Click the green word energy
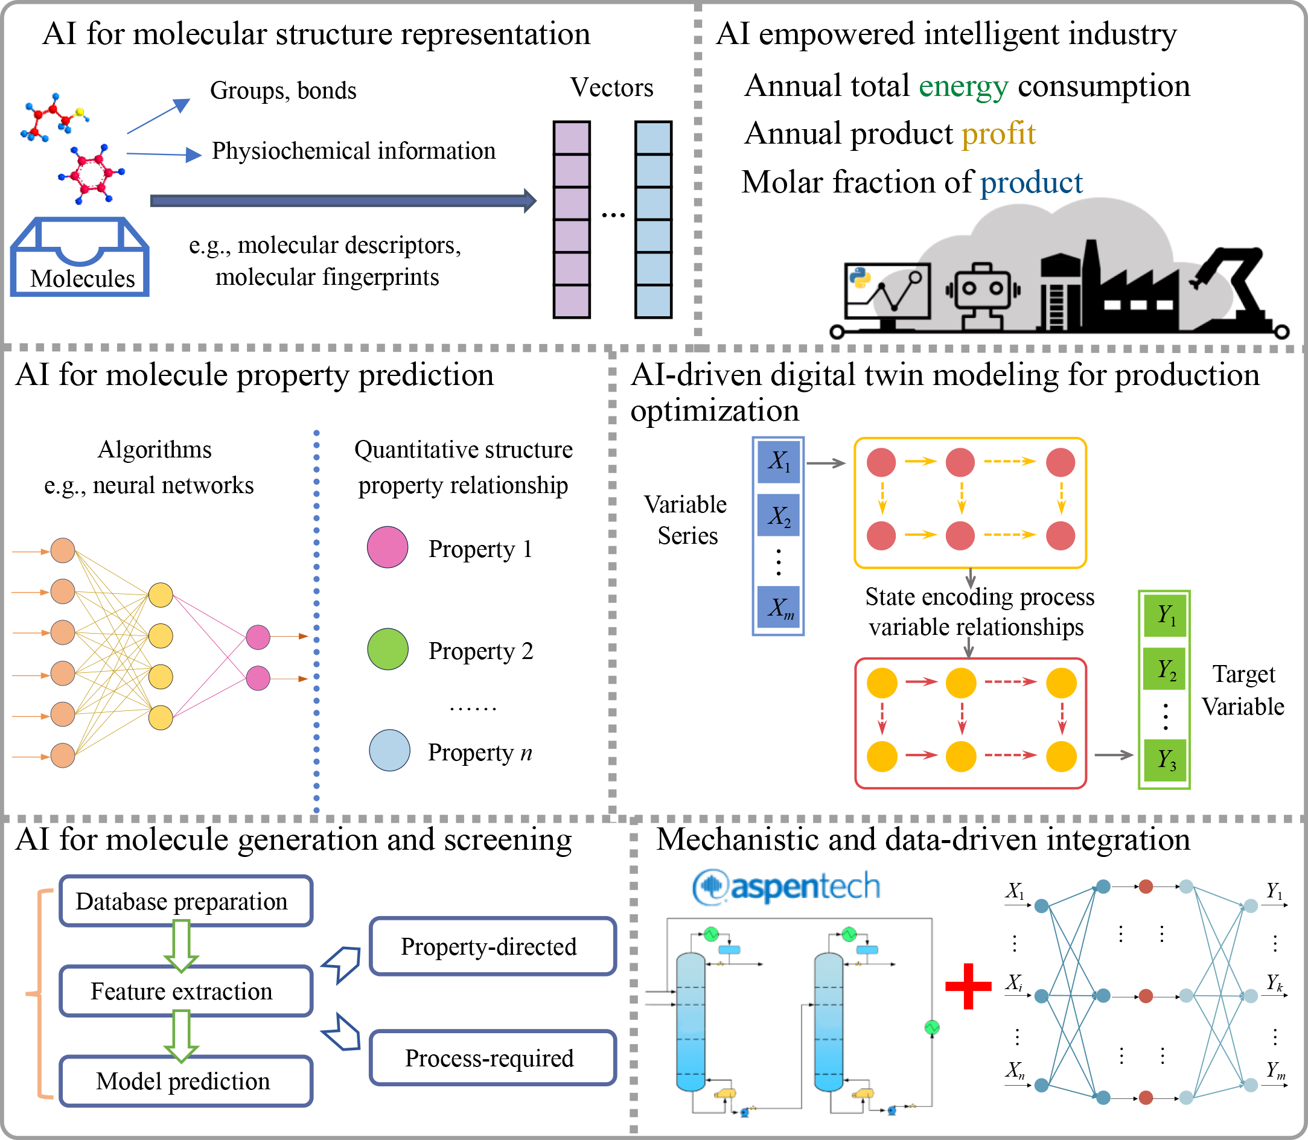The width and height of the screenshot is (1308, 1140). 963,87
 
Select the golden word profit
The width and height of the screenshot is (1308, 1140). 998,134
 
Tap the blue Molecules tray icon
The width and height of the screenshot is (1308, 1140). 80,257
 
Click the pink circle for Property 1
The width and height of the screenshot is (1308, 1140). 388,547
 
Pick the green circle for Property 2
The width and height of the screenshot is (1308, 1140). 388,649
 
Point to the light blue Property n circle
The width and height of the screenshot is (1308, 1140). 389,750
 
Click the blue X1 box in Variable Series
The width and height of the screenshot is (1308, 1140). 779,462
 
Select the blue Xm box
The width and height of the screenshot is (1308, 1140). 779,608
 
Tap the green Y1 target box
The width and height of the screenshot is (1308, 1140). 1165,615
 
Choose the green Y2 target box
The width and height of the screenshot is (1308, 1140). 1165,669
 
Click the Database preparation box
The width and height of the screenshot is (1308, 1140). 186,901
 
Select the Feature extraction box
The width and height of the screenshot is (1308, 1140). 186,991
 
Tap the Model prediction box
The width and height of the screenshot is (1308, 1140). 186,1081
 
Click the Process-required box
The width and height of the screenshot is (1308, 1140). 493,1057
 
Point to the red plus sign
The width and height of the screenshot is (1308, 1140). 968,986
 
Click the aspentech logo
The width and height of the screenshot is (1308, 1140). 786,886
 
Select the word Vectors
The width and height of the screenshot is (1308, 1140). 611,88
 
